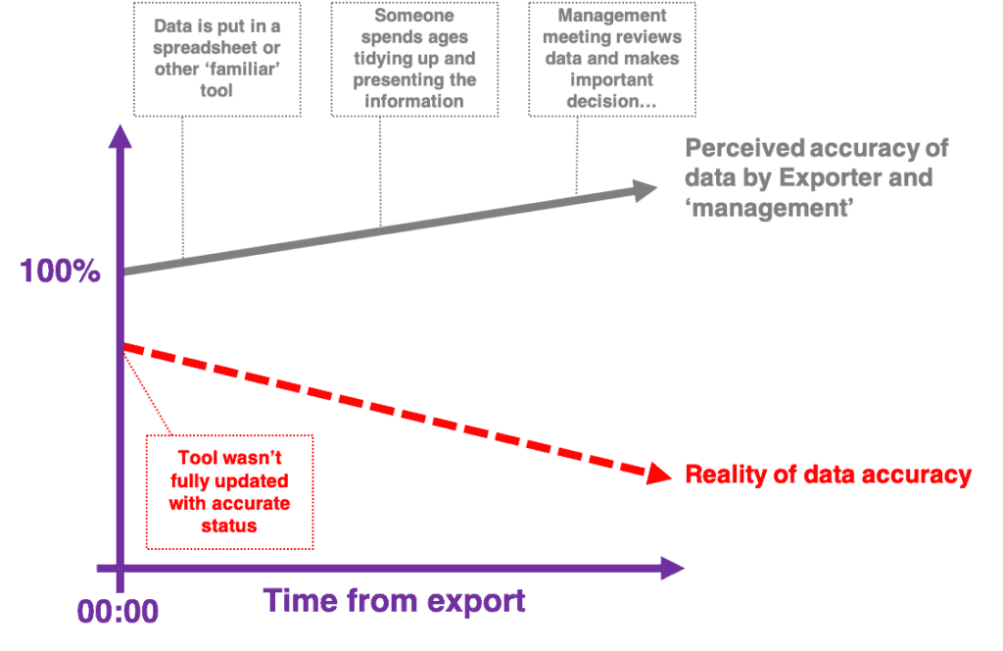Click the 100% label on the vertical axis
(x=60, y=272)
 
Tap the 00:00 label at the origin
(x=118, y=612)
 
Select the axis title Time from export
(x=394, y=600)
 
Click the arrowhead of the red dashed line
(x=660, y=474)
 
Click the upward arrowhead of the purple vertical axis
(x=119, y=137)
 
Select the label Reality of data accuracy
(x=828, y=475)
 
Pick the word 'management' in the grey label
(x=769, y=208)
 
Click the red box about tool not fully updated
(x=229, y=491)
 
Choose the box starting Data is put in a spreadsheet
(x=216, y=59)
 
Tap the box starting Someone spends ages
(x=413, y=59)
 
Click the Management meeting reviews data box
(x=612, y=59)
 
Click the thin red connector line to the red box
(x=147, y=392)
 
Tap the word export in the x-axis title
(x=475, y=600)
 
